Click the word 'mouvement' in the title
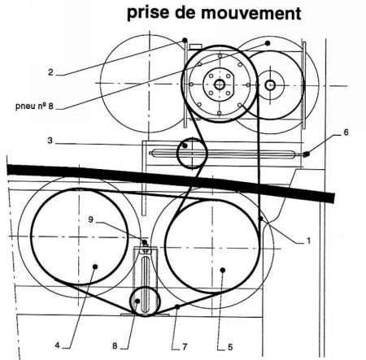pyautogui.click(x=251, y=13)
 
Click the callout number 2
pyautogui.click(x=50, y=72)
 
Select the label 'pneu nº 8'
pyautogui.click(x=34, y=106)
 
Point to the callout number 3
pyautogui.click(x=50, y=141)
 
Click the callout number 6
pyautogui.click(x=346, y=132)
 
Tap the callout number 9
pyautogui.click(x=91, y=219)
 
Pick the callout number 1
pyautogui.click(x=308, y=241)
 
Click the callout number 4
pyautogui.click(x=57, y=345)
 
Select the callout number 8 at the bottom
pyautogui.click(x=115, y=345)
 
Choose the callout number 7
pyautogui.click(x=185, y=346)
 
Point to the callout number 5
pyautogui.click(x=230, y=347)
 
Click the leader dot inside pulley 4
pyautogui.click(x=95, y=267)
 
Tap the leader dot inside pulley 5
pyautogui.click(x=223, y=270)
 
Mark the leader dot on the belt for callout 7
pyautogui.click(x=177, y=306)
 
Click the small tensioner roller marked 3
pyautogui.click(x=192, y=153)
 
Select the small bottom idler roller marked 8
pyautogui.click(x=146, y=301)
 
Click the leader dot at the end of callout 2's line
pyautogui.click(x=185, y=41)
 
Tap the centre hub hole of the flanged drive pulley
pyautogui.click(x=220, y=85)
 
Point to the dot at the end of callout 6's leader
pyautogui.click(x=307, y=154)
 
